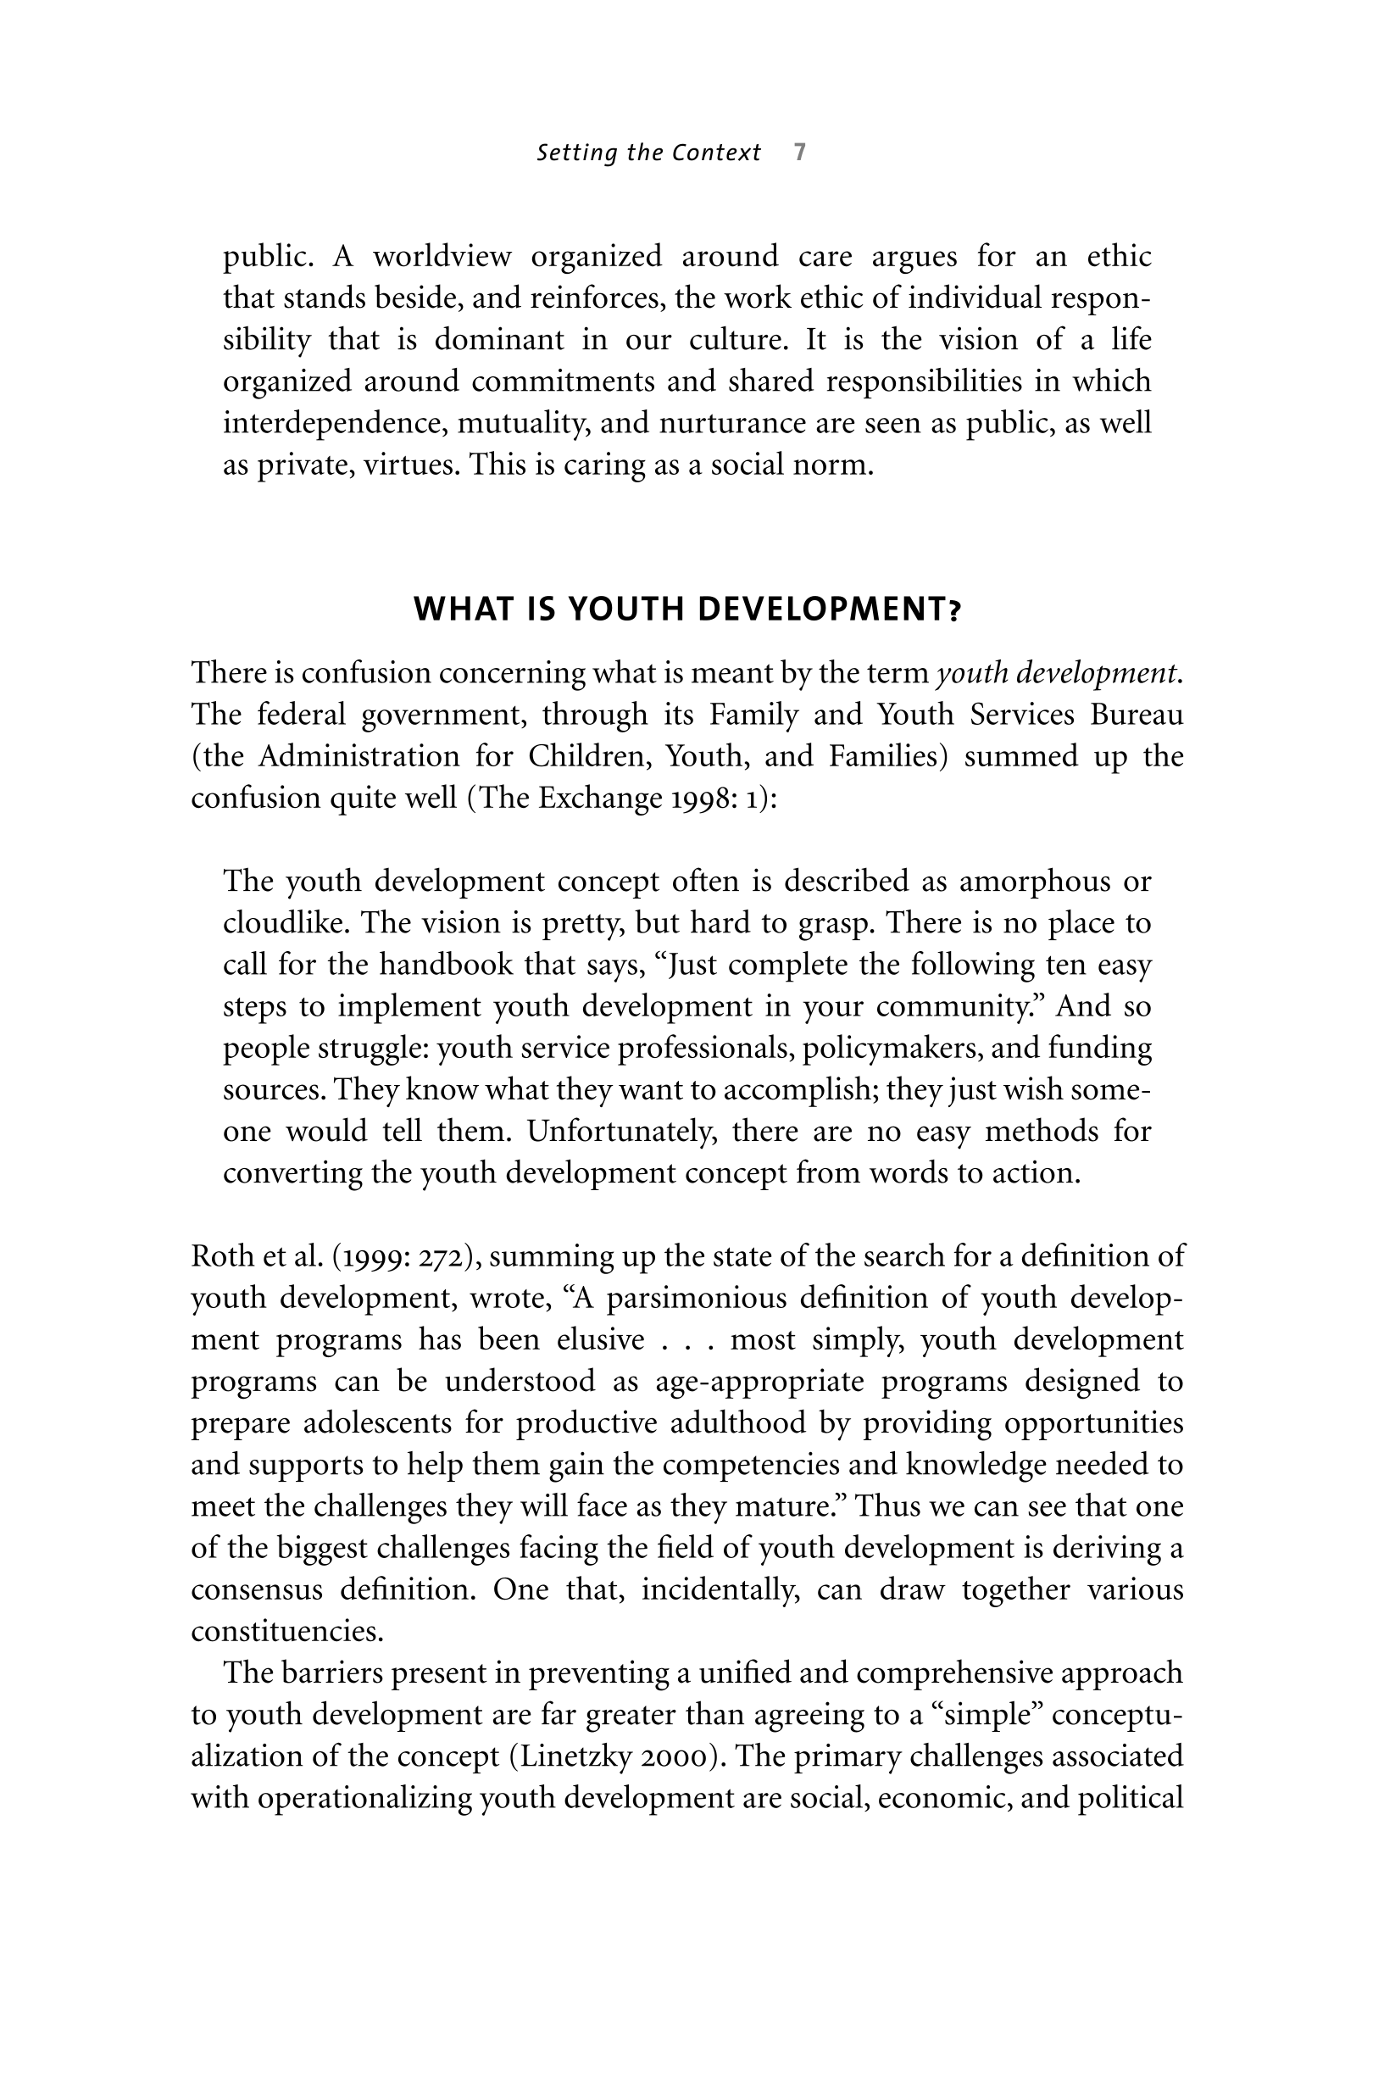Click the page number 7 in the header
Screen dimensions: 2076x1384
tap(800, 153)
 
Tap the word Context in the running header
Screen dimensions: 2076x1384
tap(716, 153)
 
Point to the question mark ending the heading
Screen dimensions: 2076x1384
tap(955, 609)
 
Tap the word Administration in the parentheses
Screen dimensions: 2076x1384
tap(359, 756)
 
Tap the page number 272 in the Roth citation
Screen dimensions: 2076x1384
tap(438, 1256)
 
